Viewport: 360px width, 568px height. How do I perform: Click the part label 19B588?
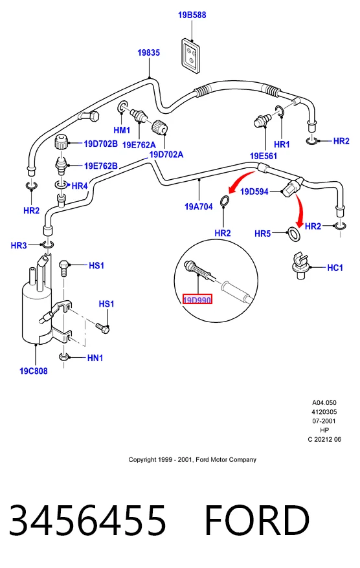[x=192, y=15]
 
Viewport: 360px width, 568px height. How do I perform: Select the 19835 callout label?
[x=148, y=52]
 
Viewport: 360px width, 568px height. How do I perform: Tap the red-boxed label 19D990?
[x=197, y=300]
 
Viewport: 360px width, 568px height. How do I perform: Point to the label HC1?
[x=335, y=268]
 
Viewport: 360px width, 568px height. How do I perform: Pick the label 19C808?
[x=34, y=371]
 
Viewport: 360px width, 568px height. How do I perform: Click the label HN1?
[x=95, y=358]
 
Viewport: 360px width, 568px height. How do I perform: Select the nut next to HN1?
[x=64, y=357]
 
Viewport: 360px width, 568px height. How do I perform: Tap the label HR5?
[x=262, y=234]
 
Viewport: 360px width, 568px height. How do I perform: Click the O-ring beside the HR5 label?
[x=293, y=234]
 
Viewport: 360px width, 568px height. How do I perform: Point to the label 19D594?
[x=254, y=191]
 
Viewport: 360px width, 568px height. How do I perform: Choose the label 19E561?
[x=264, y=156]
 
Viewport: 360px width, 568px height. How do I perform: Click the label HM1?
[x=122, y=130]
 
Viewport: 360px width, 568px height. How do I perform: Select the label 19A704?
[x=198, y=206]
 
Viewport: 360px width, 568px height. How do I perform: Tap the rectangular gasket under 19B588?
[x=191, y=56]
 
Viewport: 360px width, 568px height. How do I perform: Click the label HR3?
[x=19, y=246]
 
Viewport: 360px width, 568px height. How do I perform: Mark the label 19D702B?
[x=100, y=144]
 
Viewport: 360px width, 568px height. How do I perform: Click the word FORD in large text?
[x=257, y=520]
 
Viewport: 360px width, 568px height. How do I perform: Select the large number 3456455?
[x=87, y=520]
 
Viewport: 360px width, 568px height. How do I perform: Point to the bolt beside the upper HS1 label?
[x=64, y=267]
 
